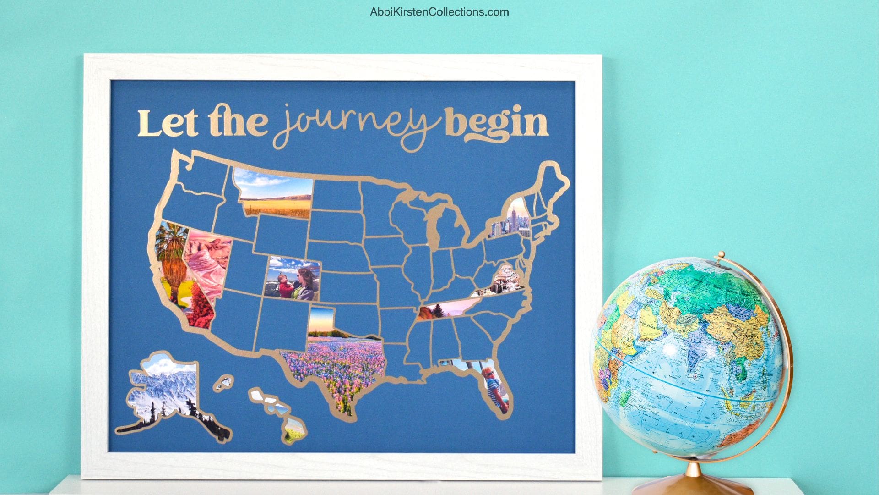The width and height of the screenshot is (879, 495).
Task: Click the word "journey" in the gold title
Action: tap(357, 123)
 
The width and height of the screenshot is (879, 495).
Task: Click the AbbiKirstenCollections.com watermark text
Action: tap(439, 12)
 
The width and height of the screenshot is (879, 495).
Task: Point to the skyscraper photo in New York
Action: tap(513, 222)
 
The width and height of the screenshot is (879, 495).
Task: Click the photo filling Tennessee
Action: tap(446, 308)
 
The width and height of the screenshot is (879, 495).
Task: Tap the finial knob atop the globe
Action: tap(722, 254)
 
